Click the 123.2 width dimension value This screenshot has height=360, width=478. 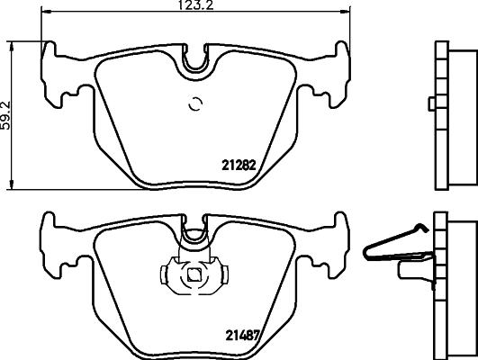(x=194, y=6)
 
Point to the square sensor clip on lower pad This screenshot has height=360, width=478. (x=192, y=275)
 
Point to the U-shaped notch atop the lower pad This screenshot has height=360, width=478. (x=194, y=236)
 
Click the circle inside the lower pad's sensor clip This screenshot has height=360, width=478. (x=193, y=276)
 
